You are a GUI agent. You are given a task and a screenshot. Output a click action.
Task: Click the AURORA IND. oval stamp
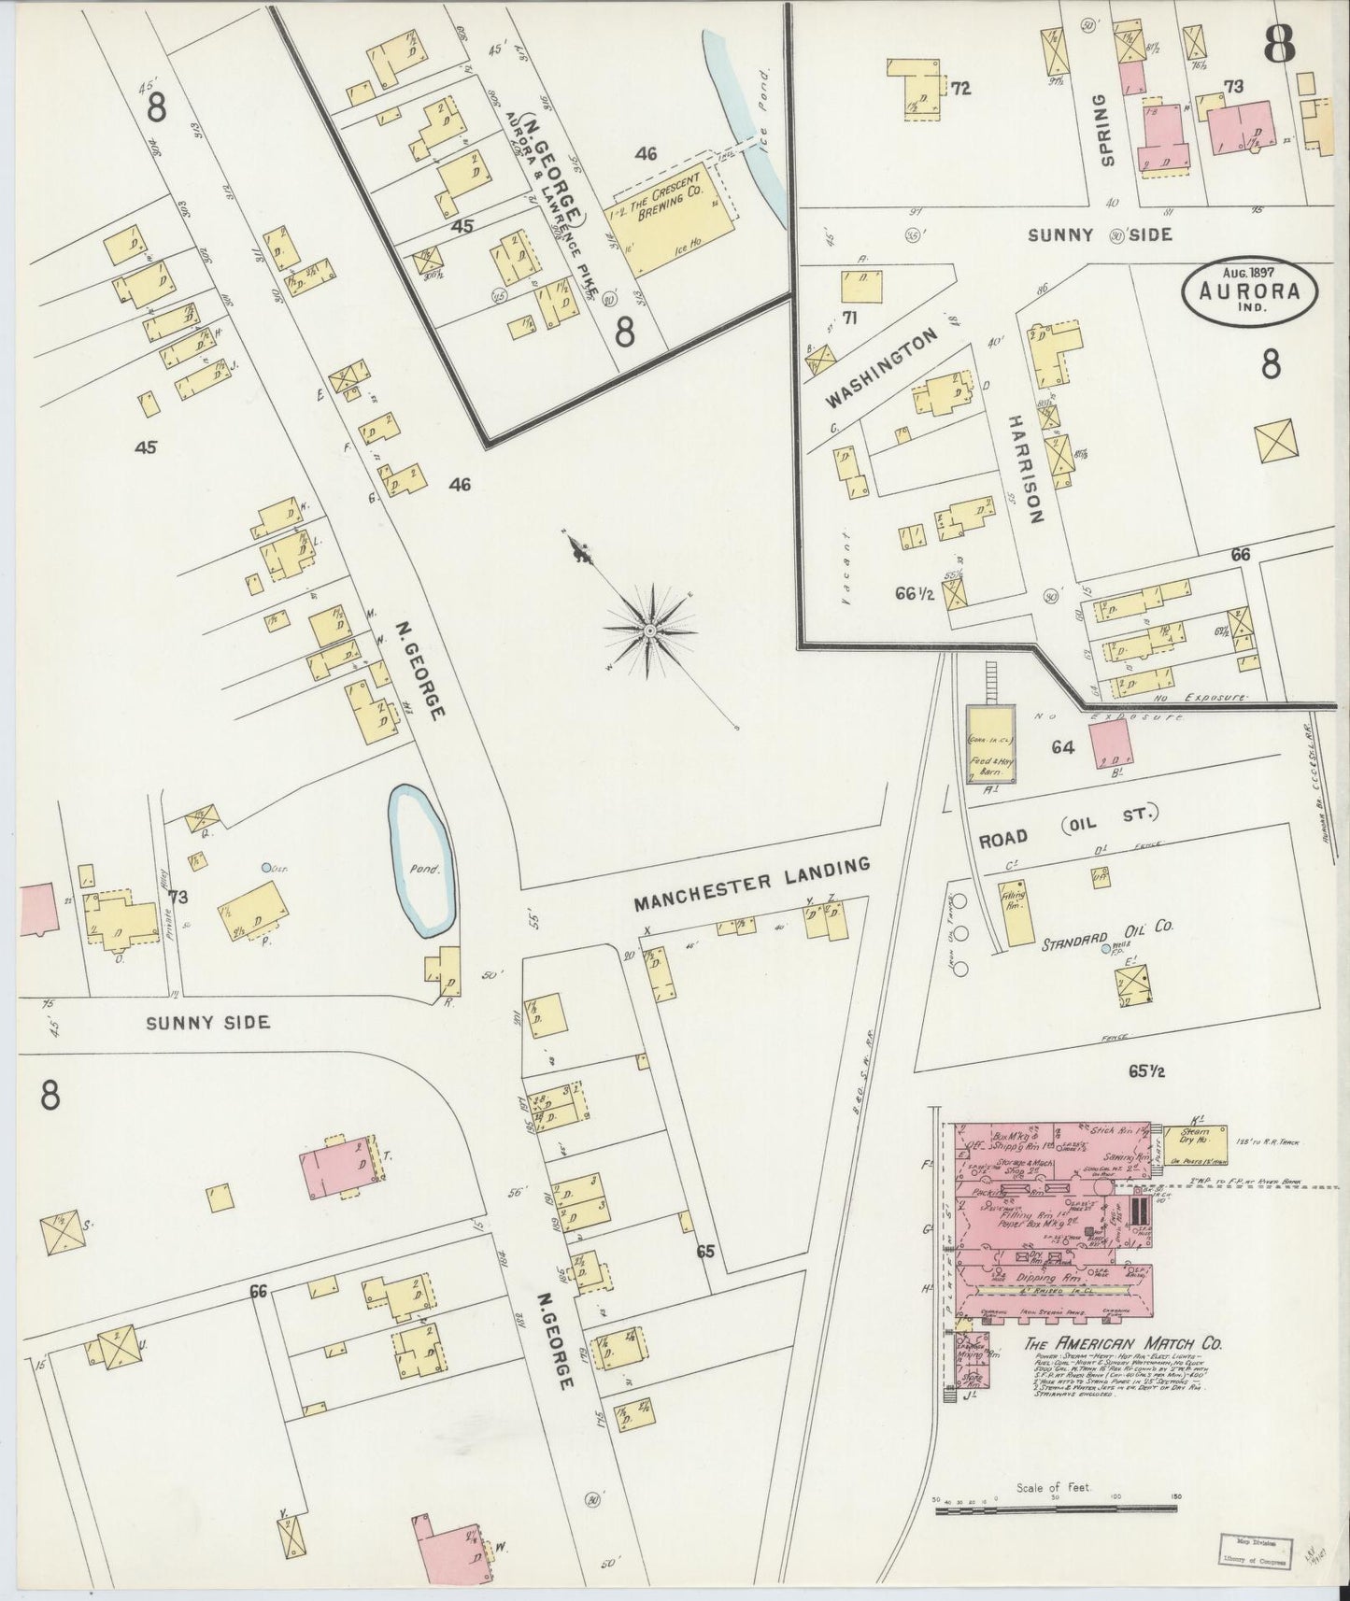click(1252, 290)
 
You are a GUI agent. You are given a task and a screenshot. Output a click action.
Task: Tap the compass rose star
click(648, 630)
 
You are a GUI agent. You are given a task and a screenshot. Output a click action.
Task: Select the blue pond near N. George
click(423, 859)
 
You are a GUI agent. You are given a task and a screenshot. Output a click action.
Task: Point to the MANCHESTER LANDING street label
click(752, 884)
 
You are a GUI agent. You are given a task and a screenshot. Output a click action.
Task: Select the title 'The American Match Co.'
click(1123, 1345)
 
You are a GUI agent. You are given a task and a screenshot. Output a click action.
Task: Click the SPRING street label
click(1108, 130)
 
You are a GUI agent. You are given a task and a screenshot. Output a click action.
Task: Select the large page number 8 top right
click(1277, 43)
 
